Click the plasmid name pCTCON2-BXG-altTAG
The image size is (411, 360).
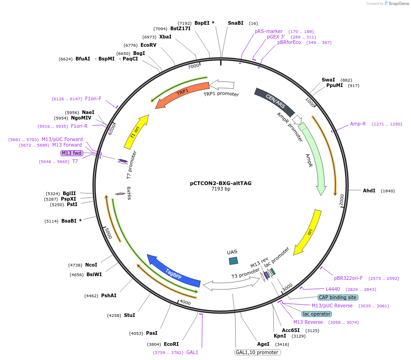pyautogui.click(x=221, y=183)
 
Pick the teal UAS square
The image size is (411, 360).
pyautogui.click(x=233, y=261)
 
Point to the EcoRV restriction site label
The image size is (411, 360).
pyautogui.click(x=148, y=45)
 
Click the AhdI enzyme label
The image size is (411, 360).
pyautogui.click(x=369, y=191)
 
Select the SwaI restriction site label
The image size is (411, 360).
pyautogui.click(x=328, y=80)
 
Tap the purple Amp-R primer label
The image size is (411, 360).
pyautogui.click(x=358, y=124)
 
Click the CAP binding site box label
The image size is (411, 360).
pyautogui.click(x=338, y=297)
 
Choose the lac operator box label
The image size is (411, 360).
pyautogui.click(x=316, y=314)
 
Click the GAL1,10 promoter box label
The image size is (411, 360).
pyautogui.click(x=257, y=352)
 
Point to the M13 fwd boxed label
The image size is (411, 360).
pyautogui.click(x=72, y=153)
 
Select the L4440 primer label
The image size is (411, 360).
pyautogui.click(x=333, y=289)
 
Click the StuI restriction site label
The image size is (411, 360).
pyautogui.click(x=130, y=315)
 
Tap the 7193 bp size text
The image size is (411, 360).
pyautogui.click(x=221, y=189)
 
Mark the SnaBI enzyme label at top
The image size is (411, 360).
pyautogui.click(x=236, y=23)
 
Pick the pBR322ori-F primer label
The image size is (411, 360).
pyautogui.click(x=348, y=278)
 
